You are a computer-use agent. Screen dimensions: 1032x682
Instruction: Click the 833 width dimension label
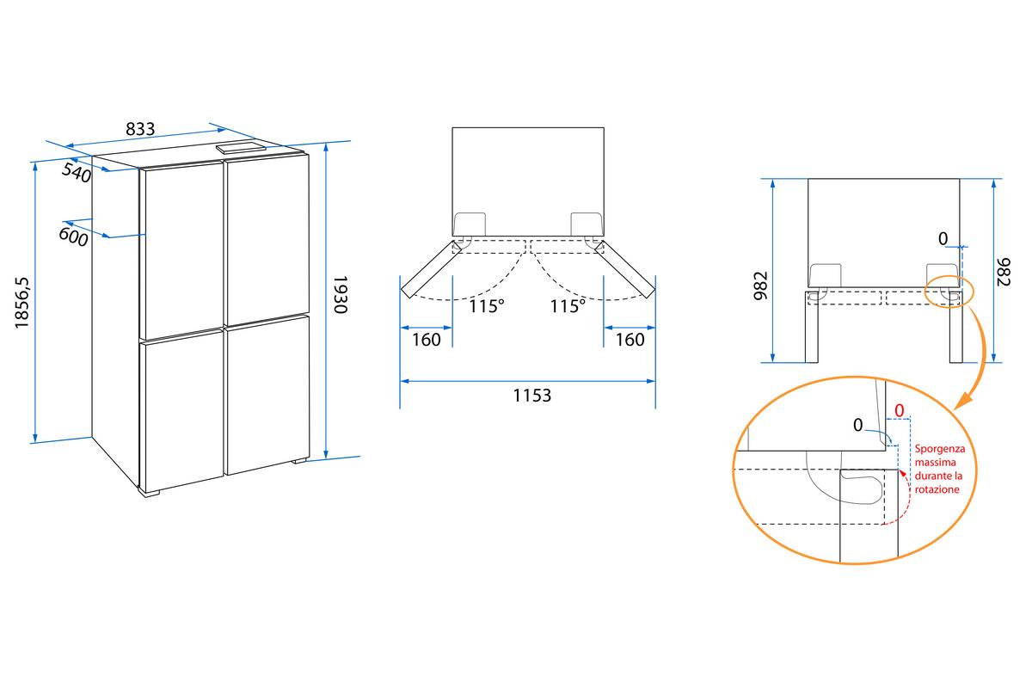click(140, 129)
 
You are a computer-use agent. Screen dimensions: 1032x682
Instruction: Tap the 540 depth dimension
click(77, 173)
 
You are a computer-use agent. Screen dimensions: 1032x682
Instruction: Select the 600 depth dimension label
click(73, 237)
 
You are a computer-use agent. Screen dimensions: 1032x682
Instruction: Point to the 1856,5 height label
click(21, 303)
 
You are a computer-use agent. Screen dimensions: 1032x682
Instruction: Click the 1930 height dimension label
click(340, 295)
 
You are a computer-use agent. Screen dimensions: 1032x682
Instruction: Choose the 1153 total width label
click(532, 396)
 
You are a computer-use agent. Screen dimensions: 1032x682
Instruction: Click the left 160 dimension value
click(427, 340)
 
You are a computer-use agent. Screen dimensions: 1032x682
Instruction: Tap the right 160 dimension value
click(630, 340)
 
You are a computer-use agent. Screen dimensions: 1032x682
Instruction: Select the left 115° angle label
click(487, 306)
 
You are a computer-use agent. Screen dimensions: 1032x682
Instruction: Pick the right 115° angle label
click(568, 306)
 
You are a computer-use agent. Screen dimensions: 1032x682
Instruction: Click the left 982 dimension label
click(760, 286)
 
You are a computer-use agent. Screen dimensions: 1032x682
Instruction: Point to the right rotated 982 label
click(1004, 272)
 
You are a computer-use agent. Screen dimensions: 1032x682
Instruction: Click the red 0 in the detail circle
click(899, 409)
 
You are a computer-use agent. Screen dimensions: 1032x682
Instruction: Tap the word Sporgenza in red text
click(940, 448)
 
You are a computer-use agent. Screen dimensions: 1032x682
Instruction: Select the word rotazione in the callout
click(937, 489)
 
